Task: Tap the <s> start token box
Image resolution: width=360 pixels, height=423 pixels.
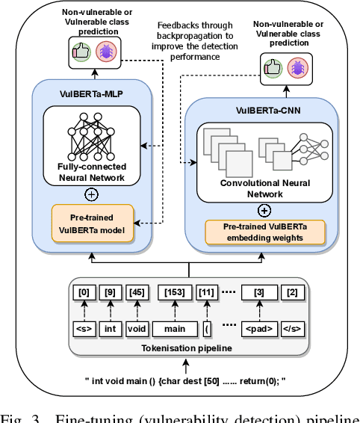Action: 84,327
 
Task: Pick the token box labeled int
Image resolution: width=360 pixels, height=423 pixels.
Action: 109,327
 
